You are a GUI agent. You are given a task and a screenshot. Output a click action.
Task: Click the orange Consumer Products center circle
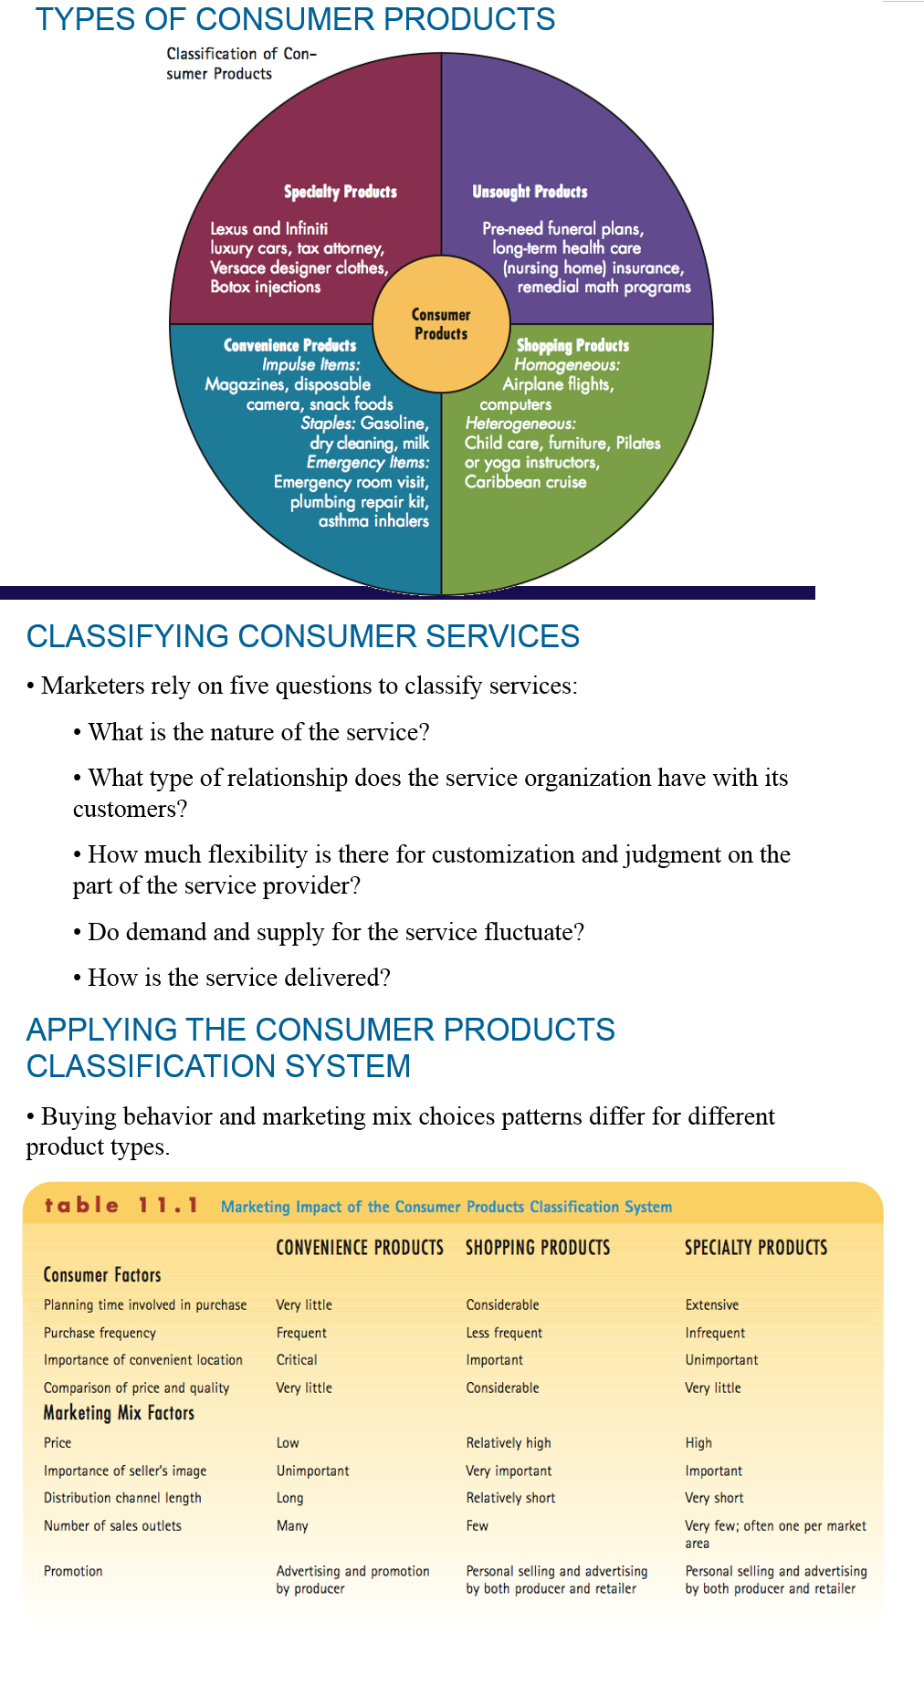[441, 324]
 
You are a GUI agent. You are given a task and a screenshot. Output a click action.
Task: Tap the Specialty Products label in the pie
[340, 192]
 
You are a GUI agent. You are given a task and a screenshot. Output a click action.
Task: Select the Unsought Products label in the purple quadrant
[530, 192]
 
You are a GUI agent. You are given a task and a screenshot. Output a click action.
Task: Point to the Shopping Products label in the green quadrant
[572, 345]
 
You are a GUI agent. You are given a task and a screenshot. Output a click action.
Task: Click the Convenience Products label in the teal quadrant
[289, 345]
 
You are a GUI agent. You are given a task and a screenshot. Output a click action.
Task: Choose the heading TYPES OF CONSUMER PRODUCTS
[295, 19]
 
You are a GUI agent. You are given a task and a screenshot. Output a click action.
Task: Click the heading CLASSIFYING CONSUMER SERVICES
[303, 636]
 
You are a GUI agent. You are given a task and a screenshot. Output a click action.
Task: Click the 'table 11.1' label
[121, 1205]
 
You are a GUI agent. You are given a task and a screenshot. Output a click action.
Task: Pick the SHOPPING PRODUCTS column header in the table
[538, 1248]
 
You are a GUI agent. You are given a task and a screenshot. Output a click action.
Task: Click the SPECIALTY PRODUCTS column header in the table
[756, 1248]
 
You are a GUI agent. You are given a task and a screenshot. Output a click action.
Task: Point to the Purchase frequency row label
[100, 1333]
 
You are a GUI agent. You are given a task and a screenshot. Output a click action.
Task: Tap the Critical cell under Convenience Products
[297, 1359]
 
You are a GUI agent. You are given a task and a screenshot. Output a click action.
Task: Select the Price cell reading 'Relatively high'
[509, 1442]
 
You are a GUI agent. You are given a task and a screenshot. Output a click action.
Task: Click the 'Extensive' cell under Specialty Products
[712, 1304]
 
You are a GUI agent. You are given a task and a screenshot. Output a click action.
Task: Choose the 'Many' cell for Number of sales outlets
[292, 1525]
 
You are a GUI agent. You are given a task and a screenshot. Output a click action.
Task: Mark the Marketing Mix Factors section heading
[119, 1413]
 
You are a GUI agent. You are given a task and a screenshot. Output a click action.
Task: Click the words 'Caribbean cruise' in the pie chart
[526, 481]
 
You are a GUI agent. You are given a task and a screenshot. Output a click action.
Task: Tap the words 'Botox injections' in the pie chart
[266, 287]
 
